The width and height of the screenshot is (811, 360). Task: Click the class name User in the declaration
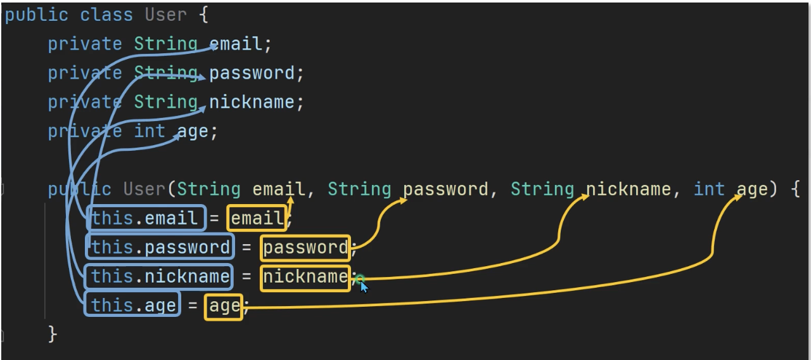pos(167,15)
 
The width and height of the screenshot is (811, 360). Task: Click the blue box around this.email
pos(146,218)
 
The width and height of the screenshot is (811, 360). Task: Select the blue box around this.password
pos(160,247)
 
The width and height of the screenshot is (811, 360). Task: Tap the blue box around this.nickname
pos(160,276)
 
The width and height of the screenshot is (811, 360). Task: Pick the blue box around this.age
pos(133,305)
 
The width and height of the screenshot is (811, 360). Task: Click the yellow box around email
pos(257,218)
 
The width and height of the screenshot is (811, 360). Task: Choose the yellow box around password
pos(305,247)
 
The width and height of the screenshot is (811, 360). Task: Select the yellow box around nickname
pos(305,276)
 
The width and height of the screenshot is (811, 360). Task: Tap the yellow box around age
pos(224,305)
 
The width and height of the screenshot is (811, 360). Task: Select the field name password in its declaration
pos(252,73)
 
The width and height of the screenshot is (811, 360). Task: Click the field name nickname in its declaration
pos(252,102)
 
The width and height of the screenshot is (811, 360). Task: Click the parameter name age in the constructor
pos(752,189)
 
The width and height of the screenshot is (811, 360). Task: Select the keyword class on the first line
pos(106,15)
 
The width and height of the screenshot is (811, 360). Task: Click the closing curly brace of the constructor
pos(53,335)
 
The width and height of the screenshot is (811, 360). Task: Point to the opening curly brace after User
pos(203,15)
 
